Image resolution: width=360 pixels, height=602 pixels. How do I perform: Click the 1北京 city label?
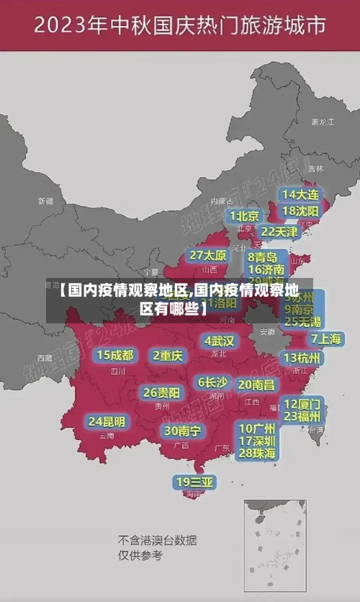[244, 216]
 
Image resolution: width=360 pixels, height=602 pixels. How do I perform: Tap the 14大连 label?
[302, 194]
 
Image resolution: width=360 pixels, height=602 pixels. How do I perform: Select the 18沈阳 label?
[302, 211]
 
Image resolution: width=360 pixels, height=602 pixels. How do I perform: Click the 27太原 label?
[208, 256]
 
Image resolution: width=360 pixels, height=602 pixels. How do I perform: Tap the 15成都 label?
[115, 355]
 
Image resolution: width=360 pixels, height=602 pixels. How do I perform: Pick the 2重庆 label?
[168, 355]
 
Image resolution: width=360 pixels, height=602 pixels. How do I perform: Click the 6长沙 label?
[212, 382]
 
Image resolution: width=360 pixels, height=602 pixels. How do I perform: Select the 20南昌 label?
[256, 385]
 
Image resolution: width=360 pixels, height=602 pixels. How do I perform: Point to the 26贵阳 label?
[161, 393]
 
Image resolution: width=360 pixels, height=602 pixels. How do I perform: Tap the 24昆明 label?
[107, 421]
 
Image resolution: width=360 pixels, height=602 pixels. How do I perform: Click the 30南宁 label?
[182, 431]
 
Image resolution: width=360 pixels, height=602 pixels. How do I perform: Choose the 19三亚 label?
[194, 482]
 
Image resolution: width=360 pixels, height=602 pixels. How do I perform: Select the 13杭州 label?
[303, 358]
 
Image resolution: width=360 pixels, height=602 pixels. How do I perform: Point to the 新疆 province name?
[45, 201]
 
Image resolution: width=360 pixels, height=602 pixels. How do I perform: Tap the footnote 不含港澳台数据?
[157, 540]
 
